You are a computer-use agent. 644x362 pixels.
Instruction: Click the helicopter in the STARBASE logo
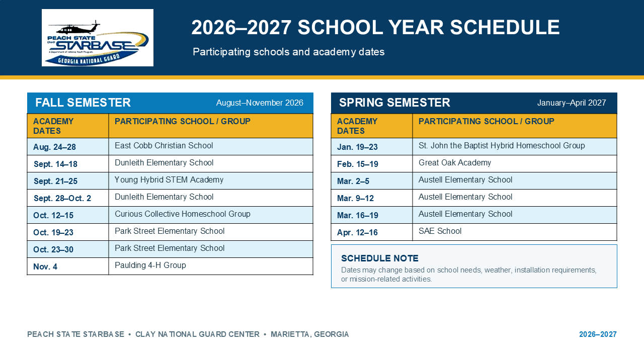(x=75, y=28)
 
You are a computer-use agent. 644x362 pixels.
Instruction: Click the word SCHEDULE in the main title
(x=505, y=28)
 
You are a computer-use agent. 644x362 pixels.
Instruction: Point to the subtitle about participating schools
(x=289, y=52)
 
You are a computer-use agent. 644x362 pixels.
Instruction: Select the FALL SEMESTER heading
(x=83, y=103)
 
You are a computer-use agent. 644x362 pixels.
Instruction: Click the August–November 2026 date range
(x=260, y=103)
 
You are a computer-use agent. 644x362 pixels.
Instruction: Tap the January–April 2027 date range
(x=572, y=103)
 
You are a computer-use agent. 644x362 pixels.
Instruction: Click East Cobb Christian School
(x=164, y=146)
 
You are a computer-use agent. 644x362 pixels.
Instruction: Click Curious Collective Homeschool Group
(x=183, y=214)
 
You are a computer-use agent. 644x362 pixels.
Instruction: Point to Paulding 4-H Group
(x=150, y=265)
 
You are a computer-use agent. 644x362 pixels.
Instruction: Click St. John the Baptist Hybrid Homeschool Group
(x=502, y=146)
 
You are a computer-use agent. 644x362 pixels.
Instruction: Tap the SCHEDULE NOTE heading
(x=379, y=258)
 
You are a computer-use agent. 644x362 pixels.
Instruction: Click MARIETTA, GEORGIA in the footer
(x=309, y=334)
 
